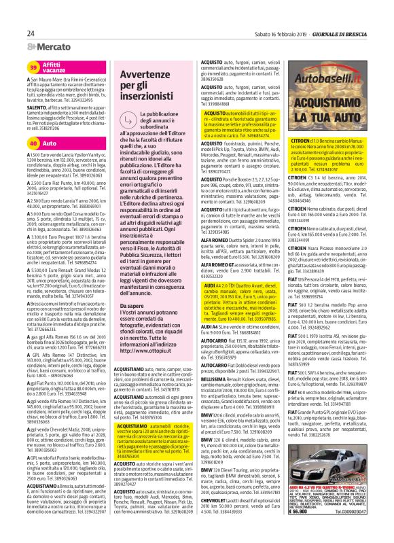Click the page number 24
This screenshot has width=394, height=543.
pyautogui.click(x=31, y=33)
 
